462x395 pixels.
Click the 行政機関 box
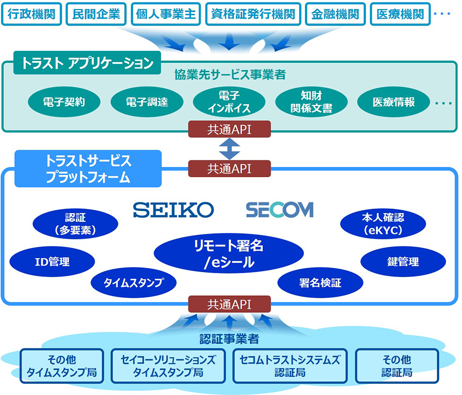31,14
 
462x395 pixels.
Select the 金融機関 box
335,14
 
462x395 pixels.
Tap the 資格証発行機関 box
253,14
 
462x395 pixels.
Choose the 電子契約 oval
64,102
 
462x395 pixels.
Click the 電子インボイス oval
229,102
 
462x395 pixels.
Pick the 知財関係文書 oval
312,102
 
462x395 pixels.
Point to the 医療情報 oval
394,102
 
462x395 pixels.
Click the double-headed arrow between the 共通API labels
229,149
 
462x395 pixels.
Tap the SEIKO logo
174,210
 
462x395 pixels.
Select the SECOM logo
280,210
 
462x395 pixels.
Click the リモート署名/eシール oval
228,254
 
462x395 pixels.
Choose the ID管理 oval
52,261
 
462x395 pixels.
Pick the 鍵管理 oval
403,261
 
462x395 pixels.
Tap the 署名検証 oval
320,283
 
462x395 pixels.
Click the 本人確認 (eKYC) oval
383,224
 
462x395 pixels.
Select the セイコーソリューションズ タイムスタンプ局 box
168,366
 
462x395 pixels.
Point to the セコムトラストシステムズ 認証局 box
290,366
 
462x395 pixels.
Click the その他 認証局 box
397,366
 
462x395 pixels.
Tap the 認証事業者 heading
229,339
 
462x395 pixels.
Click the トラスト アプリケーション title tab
87,63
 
